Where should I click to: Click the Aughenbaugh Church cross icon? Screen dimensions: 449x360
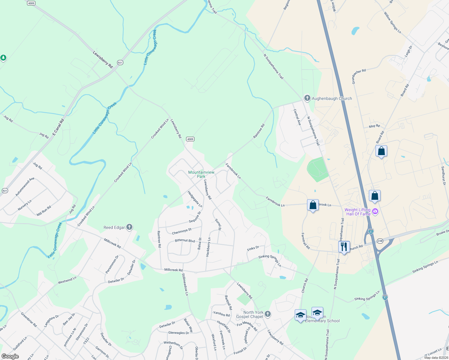[307, 98]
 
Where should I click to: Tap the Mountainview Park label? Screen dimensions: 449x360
[201, 174]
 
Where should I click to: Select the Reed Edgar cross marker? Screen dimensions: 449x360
[129, 227]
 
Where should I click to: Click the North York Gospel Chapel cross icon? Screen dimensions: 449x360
[268, 314]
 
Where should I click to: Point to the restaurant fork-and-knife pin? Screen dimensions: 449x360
[344, 247]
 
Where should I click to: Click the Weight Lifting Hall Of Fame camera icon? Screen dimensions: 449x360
[375, 212]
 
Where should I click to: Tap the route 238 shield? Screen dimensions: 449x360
[380, 241]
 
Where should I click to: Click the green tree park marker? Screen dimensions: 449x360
[3, 57]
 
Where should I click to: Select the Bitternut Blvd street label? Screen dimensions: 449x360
[185, 241]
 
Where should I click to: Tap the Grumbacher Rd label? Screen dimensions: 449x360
[359, 76]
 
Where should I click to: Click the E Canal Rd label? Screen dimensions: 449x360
[58, 127]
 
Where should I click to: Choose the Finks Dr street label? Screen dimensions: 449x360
[253, 248]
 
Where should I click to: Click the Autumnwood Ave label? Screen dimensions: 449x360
[25, 187]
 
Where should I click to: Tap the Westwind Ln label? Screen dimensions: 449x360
[67, 280]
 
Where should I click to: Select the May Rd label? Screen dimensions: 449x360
[374, 126]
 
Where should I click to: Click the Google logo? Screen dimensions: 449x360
[10, 356]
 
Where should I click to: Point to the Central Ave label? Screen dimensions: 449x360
[297, 117]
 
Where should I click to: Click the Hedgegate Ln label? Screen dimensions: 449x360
[195, 199]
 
